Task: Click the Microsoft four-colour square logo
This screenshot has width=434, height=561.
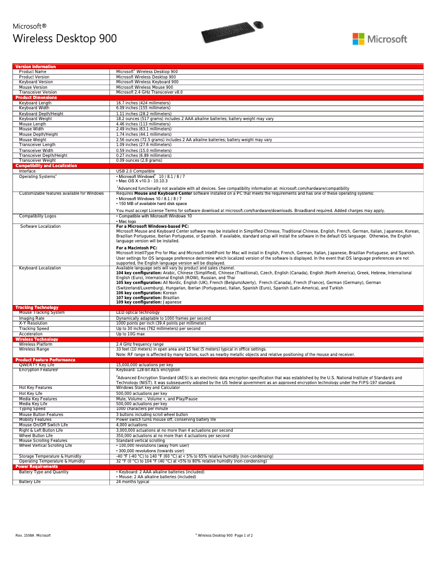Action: pyautogui.click(x=358, y=39)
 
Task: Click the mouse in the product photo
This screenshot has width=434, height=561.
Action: pyautogui.click(x=258, y=25)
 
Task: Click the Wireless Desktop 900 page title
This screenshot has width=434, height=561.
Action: pyautogui.click(x=64, y=38)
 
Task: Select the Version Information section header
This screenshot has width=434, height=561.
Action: pyautogui.click(x=35, y=67)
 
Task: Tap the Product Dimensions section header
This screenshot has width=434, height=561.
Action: pyautogui.click(x=36, y=97)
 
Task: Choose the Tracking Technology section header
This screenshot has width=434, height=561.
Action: pyautogui.click(x=37, y=307)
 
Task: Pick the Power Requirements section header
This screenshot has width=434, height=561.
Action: pyautogui.click(x=36, y=466)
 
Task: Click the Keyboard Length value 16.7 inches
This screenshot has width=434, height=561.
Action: pyautogui.click(x=143, y=103)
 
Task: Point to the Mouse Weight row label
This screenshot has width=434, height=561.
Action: pyautogui.click(x=32, y=140)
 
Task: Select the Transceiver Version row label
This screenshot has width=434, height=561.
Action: pyautogui.click(x=38, y=93)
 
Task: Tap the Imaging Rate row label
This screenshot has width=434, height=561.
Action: pyautogui.click(x=32, y=318)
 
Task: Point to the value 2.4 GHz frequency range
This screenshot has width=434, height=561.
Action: pyautogui.click(x=140, y=344)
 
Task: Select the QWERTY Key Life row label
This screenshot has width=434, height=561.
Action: pyautogui.click(x=37, y=365)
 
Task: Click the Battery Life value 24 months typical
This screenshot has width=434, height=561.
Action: pyautogui.click(x=133, y=481)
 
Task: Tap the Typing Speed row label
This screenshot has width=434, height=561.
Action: pyautogui.click(x=32, y=408)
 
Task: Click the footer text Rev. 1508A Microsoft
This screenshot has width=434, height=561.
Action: pyautogui.click(x=33, y=535)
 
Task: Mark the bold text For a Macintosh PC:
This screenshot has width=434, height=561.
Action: pyautogui.click(x=136, y=248)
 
